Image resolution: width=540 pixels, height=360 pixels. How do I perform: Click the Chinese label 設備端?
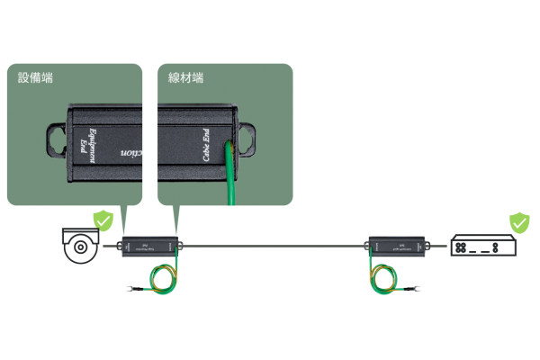pos(35,78)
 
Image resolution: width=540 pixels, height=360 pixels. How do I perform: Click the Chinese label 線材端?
pos(185,78)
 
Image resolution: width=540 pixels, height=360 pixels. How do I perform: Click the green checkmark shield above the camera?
pos(105,219)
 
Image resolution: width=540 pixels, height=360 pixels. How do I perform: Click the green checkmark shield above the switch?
pos(519,221)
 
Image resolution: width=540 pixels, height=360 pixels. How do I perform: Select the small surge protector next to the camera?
pos(150,244)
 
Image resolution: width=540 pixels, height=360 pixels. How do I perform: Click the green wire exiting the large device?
pos(231,180)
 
